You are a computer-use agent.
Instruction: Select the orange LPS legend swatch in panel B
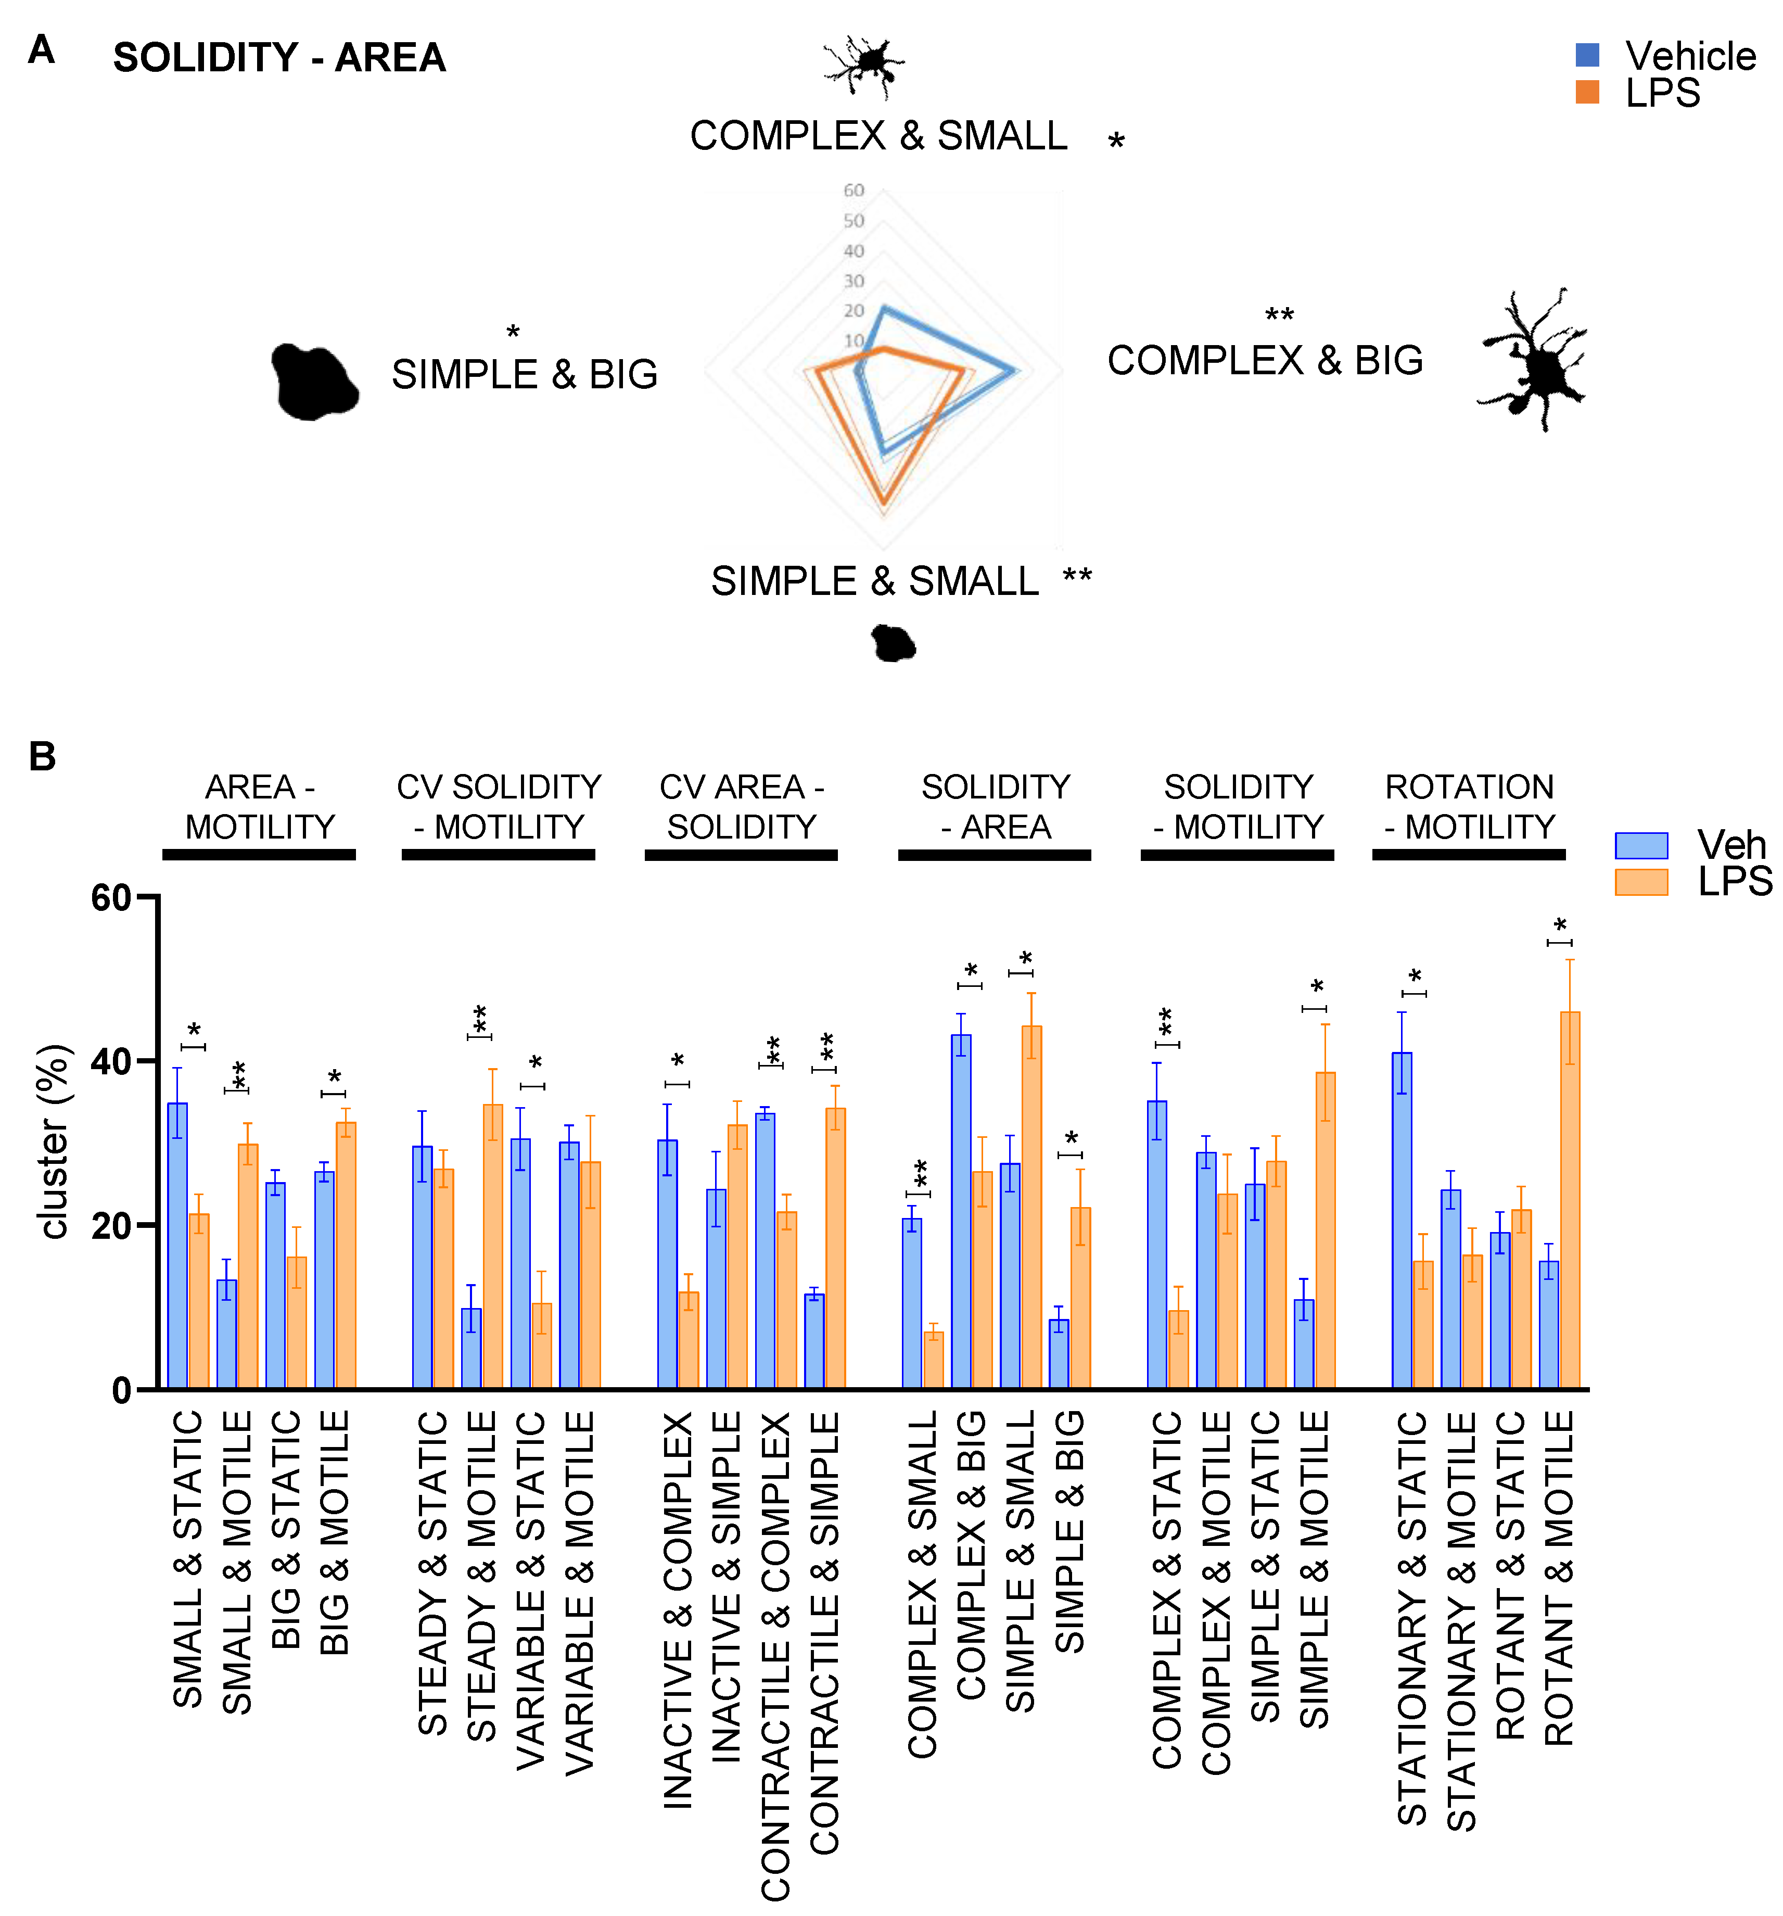[1640, 882]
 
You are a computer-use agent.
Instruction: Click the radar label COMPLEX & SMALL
[878, 136]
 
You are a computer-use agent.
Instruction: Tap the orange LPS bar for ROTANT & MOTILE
[1569, 1200]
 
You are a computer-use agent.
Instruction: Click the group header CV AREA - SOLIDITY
[741, 807]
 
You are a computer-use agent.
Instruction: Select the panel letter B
[42, 757]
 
